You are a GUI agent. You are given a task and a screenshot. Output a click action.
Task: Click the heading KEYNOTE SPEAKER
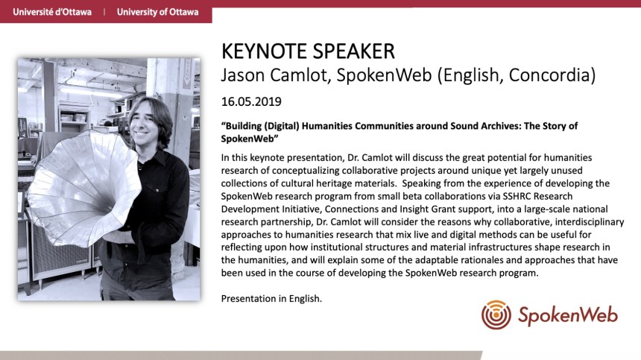(x=308, y=51)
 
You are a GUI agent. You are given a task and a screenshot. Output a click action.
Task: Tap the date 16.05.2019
(x=251, y=102)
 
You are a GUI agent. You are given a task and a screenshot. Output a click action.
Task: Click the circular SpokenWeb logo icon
(x=496, y=315)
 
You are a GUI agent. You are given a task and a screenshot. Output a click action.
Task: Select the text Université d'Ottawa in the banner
(x=52, y=12)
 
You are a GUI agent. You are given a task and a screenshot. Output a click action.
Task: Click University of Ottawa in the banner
(x=157, y=12)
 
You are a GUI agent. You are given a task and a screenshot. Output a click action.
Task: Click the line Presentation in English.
(x=271, y=299)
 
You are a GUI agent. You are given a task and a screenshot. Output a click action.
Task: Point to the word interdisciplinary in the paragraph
(x=590, y=222)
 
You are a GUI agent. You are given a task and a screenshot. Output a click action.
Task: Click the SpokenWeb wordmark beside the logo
(x=568, y=315)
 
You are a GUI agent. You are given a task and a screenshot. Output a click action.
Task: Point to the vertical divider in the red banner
(x=104, y=12)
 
